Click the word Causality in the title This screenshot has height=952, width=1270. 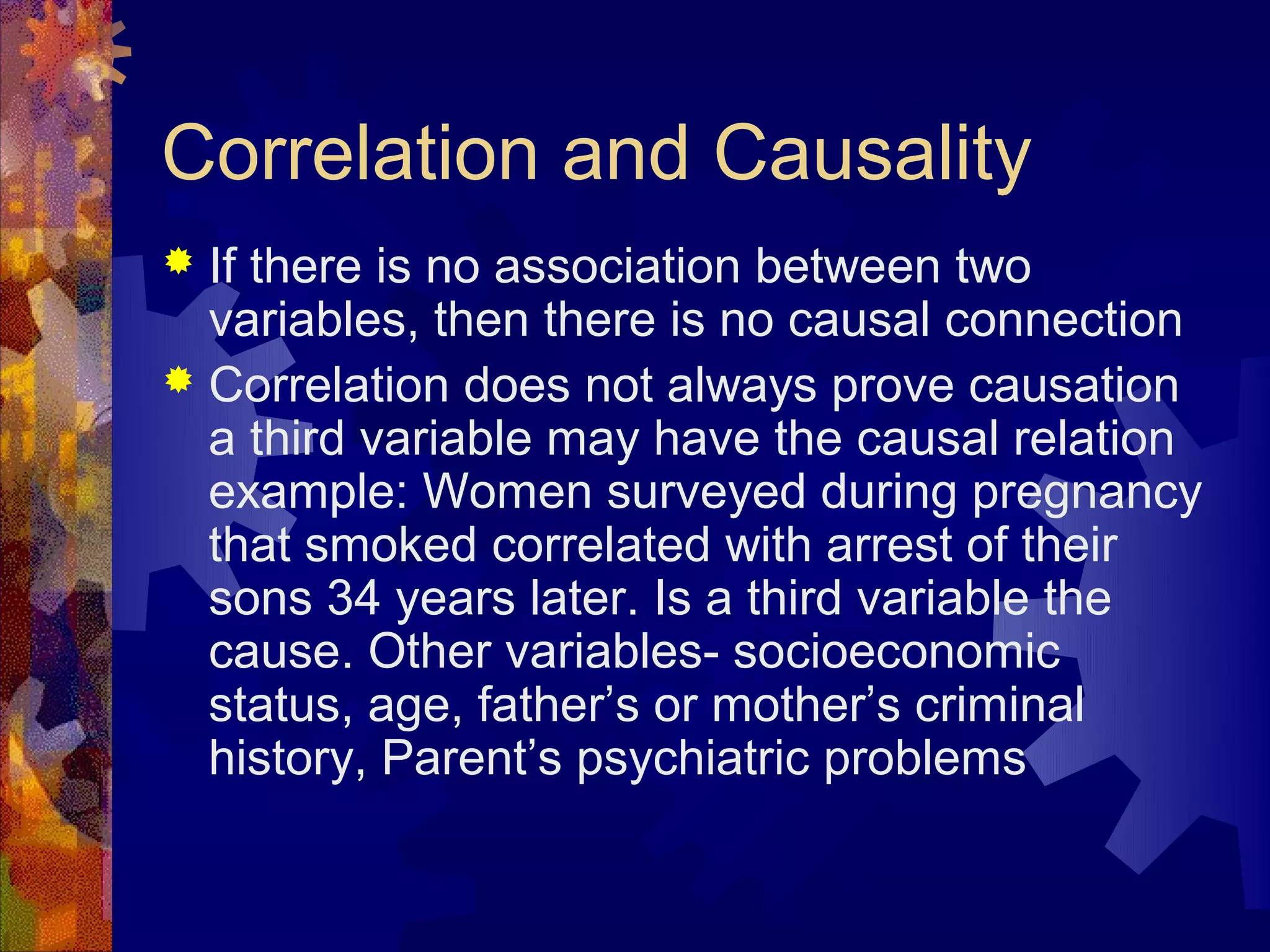[x=871, y=154]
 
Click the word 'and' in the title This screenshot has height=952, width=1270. [x=625, y=154]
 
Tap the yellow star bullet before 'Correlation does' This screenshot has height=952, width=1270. [x=179, y=379]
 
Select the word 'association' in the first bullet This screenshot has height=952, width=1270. [x=617, y=267]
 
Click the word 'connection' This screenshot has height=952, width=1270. [x=1063, y=321]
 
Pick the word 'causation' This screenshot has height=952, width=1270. [x=1073, y=386]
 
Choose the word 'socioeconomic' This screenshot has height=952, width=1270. [x=896, y=652]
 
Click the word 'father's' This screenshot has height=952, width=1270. [x=557, y=705]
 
